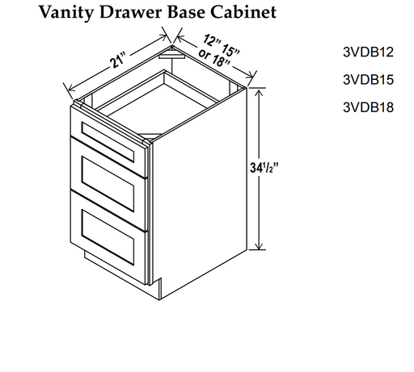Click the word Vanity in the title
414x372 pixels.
67,12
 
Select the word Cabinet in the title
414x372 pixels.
243,12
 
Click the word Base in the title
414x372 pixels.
187,12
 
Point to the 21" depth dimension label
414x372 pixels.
118,61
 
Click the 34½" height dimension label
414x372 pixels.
264,168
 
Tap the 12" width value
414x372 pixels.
212,40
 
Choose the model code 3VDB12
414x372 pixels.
368,52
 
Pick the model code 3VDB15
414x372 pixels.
368,80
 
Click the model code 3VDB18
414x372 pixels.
368,107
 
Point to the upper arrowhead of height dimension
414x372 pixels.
259,93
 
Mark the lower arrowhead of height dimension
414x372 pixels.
259,245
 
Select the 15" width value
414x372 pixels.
230,49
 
